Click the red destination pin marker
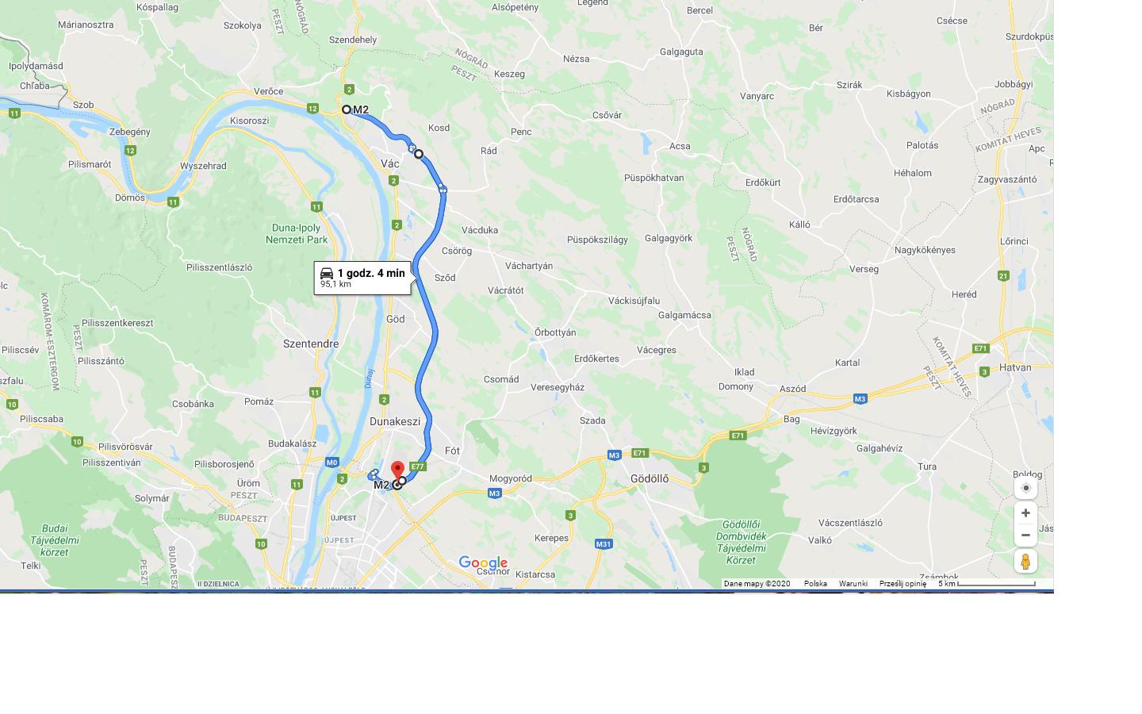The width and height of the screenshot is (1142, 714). [398, 470]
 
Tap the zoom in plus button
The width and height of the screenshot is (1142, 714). [1025, 513]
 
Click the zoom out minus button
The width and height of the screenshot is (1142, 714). [1025, 535]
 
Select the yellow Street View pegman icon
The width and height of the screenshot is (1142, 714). [1025, 562]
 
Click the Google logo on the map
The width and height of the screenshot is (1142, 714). [483, 563]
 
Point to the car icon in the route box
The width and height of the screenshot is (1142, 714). [327, 273]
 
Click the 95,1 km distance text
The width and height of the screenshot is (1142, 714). [335, 284]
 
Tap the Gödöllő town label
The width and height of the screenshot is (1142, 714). [649, 479]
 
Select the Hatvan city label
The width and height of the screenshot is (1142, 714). [1015, 367]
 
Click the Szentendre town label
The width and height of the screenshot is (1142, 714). [311, 344]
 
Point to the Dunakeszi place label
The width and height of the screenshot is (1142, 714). [395, 421]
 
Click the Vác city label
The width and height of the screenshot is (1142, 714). [390, 163]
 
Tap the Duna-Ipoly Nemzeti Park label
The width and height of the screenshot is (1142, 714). [296, 234]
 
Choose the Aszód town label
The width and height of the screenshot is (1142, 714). [793, 389]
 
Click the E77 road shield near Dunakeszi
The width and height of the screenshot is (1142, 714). [418, 466]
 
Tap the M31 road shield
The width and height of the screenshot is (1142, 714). [604, 544]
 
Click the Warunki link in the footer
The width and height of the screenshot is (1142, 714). [853, 584]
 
